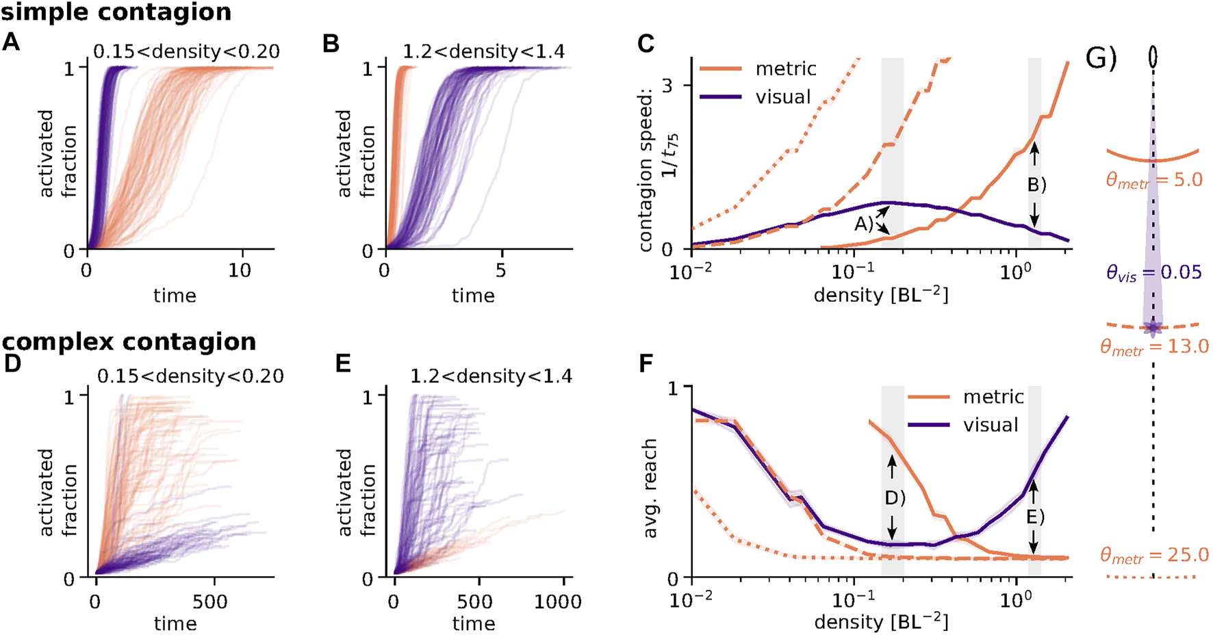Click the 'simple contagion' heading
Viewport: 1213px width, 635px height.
click(116, 12)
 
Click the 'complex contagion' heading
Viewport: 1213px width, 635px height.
click(129, 341)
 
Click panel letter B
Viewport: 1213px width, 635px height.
click(331, 44)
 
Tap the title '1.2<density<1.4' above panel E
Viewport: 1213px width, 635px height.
click(491, 376)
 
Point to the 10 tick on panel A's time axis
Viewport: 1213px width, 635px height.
click(240, 270)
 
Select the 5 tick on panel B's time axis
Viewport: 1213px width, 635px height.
click(501, 270)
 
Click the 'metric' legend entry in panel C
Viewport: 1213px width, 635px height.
click(786, 68)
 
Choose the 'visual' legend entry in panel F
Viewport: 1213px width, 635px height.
click(991, 425)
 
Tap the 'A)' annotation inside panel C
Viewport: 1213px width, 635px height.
click(863, 224)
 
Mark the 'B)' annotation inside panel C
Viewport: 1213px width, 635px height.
click(1037, 185)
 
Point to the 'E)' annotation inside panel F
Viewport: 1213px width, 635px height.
click(1035, 517)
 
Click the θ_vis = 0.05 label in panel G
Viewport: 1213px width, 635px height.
click(1154, 273)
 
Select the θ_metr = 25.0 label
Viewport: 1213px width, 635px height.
click(1154, 554)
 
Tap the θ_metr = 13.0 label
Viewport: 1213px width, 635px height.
click(1154, 347)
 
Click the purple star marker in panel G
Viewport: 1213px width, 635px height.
click(1153, 328)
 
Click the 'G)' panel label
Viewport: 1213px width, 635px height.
click(1101, 60)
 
